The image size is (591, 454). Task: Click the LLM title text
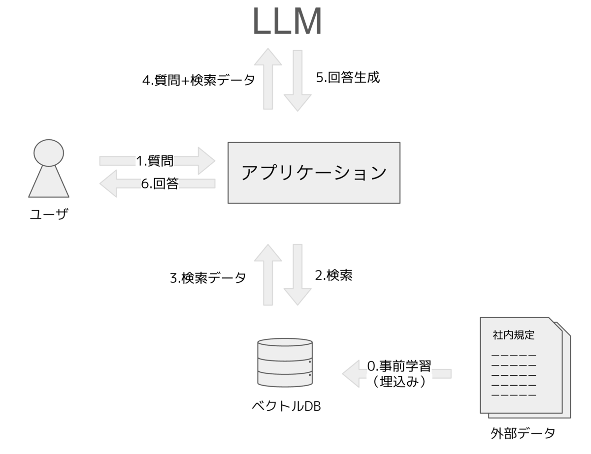click(x=287, y=22)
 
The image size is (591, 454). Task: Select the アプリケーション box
click(x=314, y=173)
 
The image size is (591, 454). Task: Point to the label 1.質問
click(x=154, y=160)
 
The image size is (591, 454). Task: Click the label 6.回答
click(x=160, y=183)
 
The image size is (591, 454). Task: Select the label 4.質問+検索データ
click(x=198, y=80)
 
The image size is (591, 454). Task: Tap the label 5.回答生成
click(x=348, y=78)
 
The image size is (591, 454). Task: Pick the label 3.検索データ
click(x=208, y=278)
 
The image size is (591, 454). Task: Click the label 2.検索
click(x=333, y=275)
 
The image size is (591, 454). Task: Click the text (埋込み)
click(x=399, y=382)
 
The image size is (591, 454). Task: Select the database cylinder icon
click(x=285, y=363)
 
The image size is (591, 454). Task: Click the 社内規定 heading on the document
click(x=513, y=335)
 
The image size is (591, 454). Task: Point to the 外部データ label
click(x=523, y=433)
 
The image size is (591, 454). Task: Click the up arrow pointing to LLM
click(x=268, y=79)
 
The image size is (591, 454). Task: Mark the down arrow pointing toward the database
click(x=297, y=274)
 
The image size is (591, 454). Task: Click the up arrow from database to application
click(x=268, y=274)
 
